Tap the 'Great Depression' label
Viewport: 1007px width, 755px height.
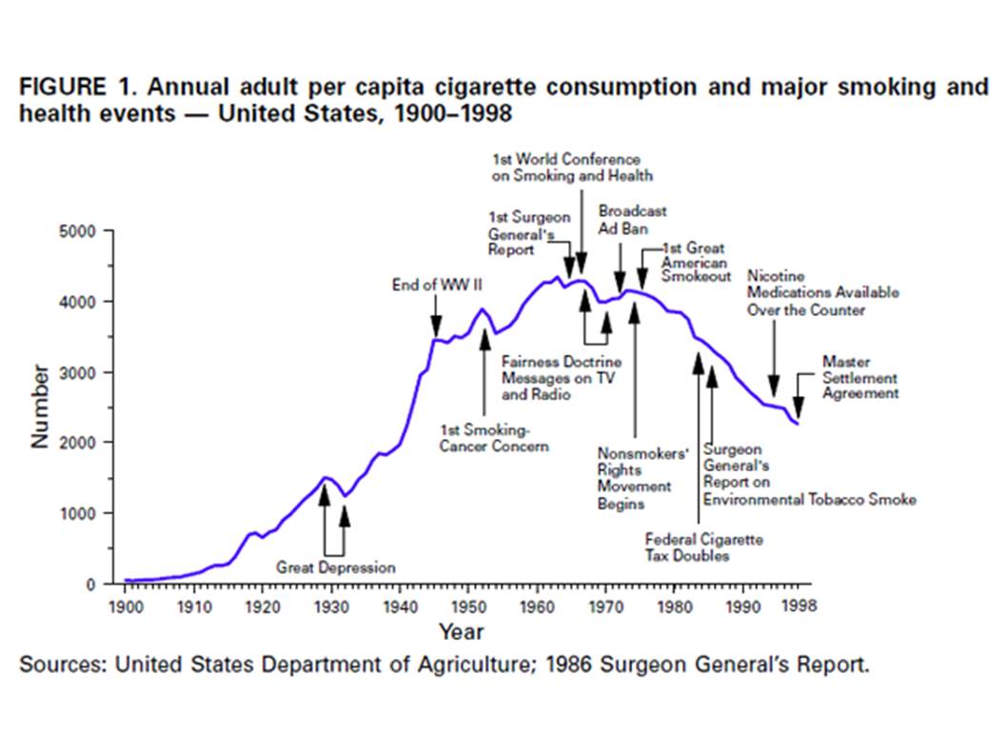(335, 567)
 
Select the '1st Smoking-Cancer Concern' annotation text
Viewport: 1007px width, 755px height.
(493, 438)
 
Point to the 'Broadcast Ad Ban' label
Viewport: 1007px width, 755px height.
(632, 220)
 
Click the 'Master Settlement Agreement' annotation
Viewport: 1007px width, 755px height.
(859, 377)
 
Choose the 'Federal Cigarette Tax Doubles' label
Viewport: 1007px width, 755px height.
(703, 547)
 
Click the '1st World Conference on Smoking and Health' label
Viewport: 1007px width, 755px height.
(572, 168)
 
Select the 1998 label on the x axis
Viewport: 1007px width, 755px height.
(797, 605)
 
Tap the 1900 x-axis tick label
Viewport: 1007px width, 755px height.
(126, 605)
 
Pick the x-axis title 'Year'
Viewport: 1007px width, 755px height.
(461, 631)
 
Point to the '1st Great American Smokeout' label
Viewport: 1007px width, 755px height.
(695, 262)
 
